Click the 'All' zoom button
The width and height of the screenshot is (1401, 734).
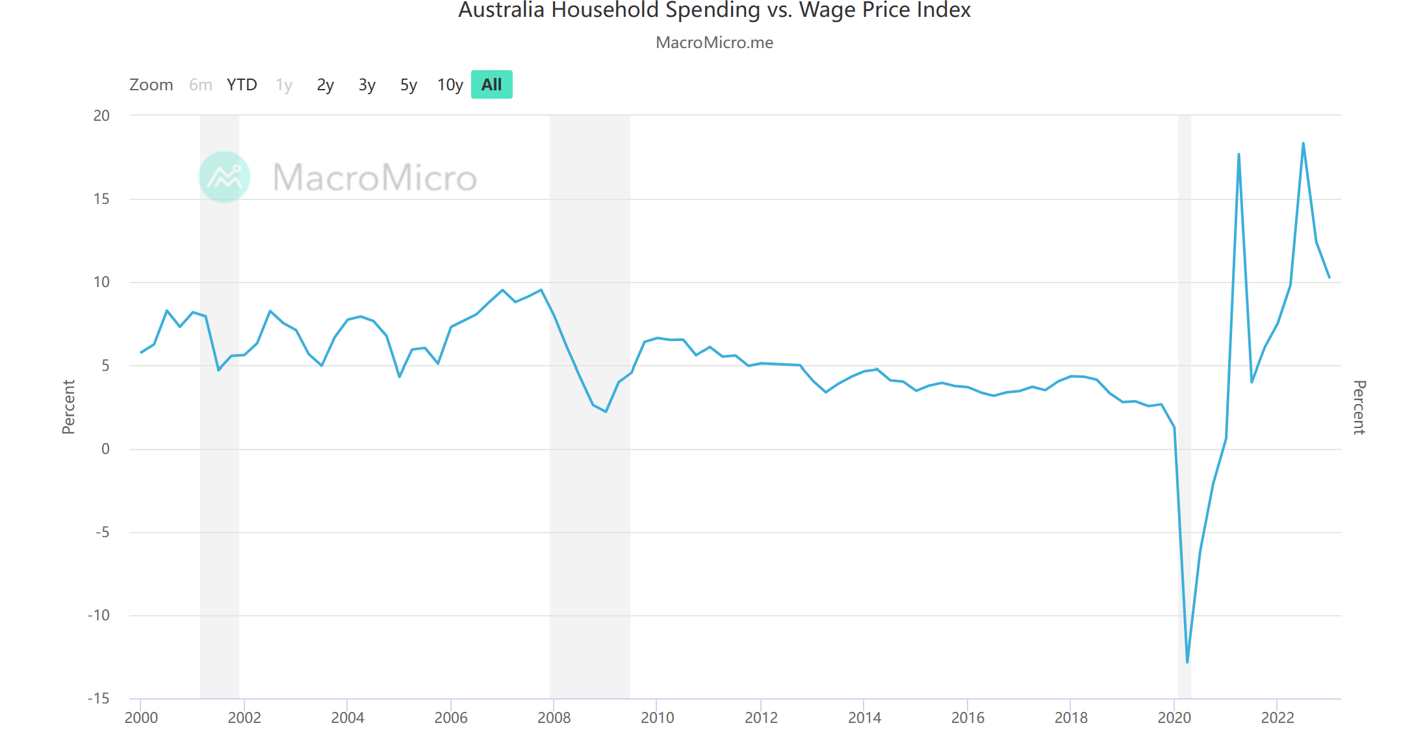pos(491,84)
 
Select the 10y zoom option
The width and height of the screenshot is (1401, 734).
pos(450,84)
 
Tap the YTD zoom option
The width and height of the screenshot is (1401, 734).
pos(242,84)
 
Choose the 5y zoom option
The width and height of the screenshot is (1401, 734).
pos(408,84)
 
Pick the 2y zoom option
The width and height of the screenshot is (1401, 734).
pos(325,84)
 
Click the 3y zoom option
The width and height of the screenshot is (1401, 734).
pos(366,84)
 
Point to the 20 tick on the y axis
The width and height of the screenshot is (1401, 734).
pos(101,116)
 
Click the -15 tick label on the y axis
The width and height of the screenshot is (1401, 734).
pos(99,698)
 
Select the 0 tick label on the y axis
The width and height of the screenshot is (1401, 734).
pos(105,449)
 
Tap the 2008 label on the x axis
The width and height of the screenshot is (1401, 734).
pos(554,718)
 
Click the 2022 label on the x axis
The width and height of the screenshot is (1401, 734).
pos(1278,718)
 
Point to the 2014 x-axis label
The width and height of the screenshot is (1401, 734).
pos(864,718)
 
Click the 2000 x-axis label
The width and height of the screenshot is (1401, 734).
pos(141,718)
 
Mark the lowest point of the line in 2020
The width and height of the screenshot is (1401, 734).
pos(1187,662)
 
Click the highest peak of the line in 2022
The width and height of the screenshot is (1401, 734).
pos(1303,144)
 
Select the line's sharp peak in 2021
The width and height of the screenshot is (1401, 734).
pos(1239,155)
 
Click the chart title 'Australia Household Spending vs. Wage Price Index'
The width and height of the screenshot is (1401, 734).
pos(714,10)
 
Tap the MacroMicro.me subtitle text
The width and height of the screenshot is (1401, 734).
pos(714,43)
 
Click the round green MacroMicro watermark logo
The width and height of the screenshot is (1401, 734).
pos(224,177)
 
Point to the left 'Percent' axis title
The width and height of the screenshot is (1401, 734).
pos(68,407)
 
